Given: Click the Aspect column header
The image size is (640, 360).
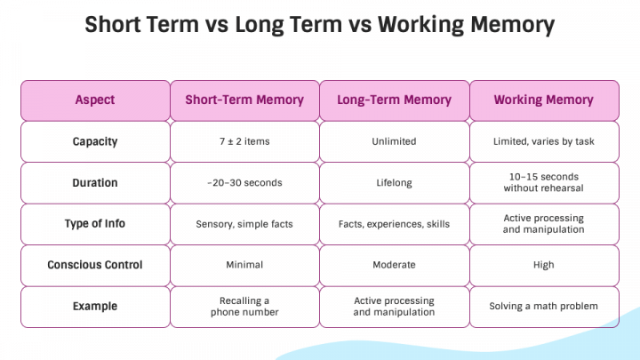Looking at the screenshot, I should [95, 100].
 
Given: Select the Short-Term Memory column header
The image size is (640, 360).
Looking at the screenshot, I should [244, 100].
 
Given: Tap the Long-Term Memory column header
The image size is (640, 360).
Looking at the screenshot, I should [394, 100].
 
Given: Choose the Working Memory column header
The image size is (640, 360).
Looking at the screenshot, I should [543, 100].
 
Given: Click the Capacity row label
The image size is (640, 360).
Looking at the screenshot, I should [95, 141].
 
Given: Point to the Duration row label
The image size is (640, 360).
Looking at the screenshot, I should [95, 182].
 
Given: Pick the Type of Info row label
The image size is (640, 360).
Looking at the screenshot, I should [95, 223].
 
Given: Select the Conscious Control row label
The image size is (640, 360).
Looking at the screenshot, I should [95, 265].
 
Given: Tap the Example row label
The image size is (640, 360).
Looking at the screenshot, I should [95, 306].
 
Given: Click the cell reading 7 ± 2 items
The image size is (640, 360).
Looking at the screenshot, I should [244, 141].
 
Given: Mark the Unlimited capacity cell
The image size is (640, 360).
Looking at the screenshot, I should [394, 141].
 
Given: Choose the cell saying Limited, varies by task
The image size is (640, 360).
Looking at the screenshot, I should [543, 141].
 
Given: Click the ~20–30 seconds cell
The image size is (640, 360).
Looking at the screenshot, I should [244, 182].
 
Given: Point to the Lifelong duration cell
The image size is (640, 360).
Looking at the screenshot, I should [394, 182].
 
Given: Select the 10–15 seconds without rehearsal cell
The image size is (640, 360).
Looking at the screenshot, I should [543, 182].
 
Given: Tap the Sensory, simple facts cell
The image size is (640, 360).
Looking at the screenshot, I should [244, 224].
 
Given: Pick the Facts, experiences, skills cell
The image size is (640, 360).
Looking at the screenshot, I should [394, 224].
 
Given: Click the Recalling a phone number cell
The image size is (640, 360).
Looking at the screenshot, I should [244, 306].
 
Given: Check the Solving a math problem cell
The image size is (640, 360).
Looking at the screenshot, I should [543, 306].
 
